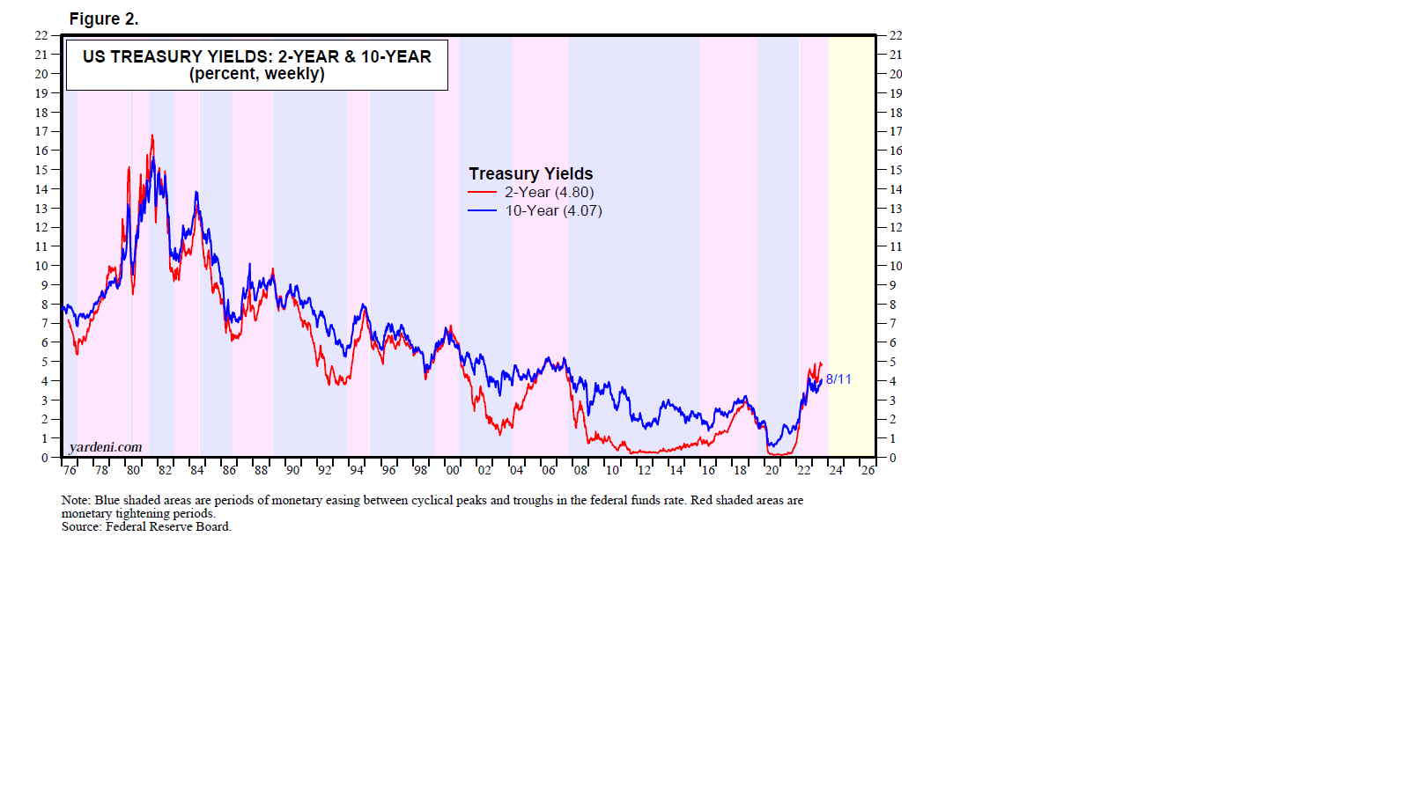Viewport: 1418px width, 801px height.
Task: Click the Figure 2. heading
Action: tap(104, 18)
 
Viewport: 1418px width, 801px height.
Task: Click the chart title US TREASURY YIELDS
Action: tap(256, 56)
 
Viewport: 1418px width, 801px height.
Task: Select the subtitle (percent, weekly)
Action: tap(256, 74)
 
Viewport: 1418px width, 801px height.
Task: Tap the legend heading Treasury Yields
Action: tap(530, 173)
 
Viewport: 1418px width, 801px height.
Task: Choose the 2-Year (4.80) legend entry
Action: tap(549, 192)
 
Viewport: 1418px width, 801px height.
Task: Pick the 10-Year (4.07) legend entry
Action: tap(553, 210)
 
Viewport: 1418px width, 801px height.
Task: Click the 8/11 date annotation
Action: tap(838, 379)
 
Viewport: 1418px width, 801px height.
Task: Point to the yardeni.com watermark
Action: tap(106, 446)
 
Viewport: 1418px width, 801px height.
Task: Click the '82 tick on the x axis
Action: tap(165, 470)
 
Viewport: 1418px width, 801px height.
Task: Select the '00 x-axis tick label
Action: tap(452, 470)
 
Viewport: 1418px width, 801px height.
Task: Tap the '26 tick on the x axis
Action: tap(868, 470)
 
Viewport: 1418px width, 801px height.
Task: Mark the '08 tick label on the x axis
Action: tap(580, 470)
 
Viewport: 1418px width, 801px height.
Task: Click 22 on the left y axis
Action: tap(41, 35)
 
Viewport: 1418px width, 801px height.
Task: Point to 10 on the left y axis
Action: tap(41, 266)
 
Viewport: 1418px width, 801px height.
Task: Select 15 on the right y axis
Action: tap(896, 170)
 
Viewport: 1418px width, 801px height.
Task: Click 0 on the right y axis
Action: tap(892, 458)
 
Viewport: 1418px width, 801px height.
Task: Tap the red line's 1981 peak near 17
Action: tap(151, 136)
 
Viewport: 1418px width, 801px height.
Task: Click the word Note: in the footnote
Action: tap(76, 500)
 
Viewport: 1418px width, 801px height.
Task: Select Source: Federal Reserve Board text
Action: tap(146, 526)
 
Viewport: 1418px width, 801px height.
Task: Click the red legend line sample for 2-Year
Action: tap(482, 192)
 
